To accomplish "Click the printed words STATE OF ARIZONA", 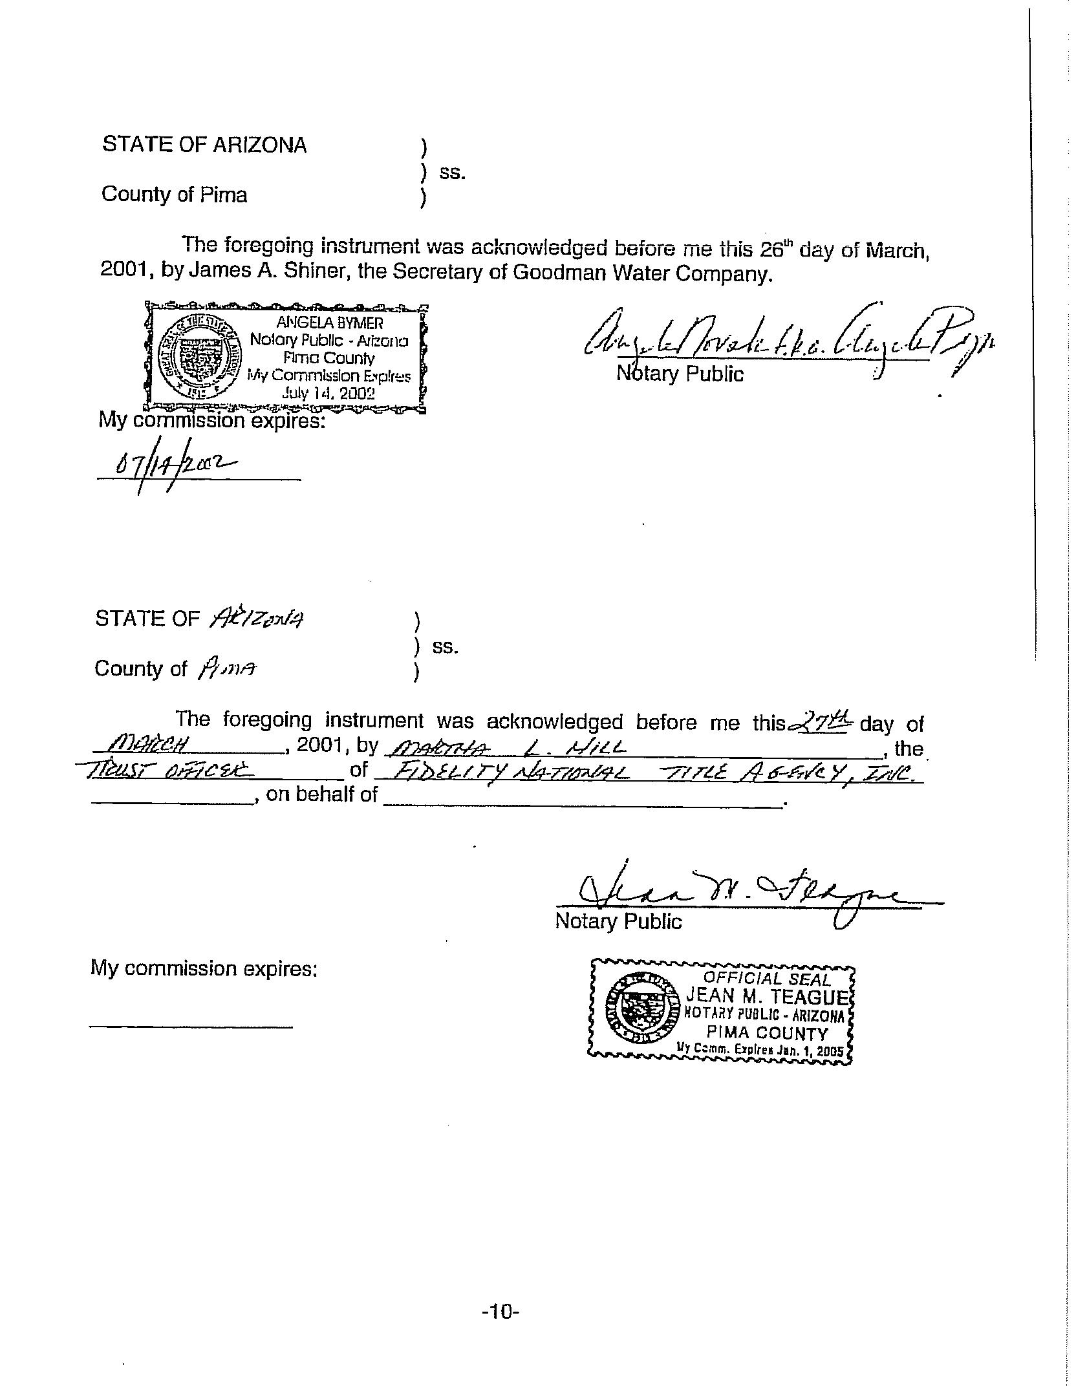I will pos(204,145).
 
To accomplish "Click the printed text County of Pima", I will pos(174,195).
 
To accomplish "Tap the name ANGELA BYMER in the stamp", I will pos(330,323).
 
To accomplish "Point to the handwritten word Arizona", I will pos(256,619).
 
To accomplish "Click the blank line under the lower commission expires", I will pos(191,1026).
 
